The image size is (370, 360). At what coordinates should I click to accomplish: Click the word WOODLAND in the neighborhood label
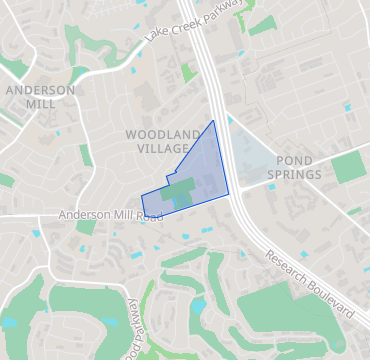tap(156, 133)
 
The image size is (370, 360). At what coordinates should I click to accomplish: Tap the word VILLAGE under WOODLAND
tap(156, 148)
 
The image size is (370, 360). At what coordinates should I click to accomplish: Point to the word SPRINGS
tap(295, 175)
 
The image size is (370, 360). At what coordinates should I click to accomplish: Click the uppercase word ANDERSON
tap(40, 90)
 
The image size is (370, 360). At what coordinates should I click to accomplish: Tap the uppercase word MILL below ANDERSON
tap(40, 105)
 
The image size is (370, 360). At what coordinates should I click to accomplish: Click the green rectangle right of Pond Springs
tap(349, 166)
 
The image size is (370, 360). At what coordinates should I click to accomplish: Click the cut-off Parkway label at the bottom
tap(131, 330)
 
